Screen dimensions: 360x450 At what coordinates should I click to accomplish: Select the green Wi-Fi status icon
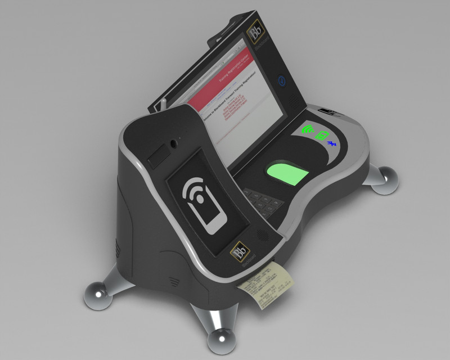pos(308,130)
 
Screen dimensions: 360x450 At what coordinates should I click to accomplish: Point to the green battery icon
pos(321,136)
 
